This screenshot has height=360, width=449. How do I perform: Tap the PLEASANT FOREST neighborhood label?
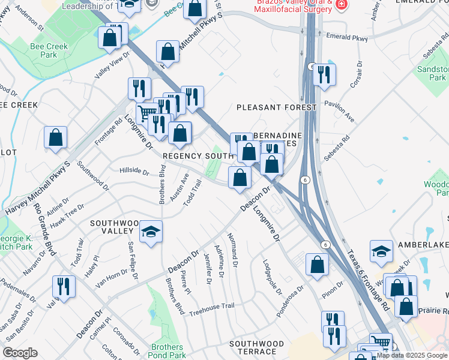pos(276,107)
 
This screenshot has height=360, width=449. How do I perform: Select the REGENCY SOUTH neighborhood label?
pos(197,156)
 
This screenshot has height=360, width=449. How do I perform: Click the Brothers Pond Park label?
pos(167,352)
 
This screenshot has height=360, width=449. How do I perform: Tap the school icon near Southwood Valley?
pos(151,232)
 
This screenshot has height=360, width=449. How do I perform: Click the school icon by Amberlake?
pos(381,251)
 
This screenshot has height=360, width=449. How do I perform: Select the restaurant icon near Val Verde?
pos(64,286)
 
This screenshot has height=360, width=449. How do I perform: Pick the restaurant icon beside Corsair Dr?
pos(324,74)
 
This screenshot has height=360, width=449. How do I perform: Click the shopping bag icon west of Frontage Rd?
pos(55,137)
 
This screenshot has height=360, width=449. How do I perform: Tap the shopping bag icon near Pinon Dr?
pos(317,264)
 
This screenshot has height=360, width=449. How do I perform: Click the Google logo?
pos(20,353)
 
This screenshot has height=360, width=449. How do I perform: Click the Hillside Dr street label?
pos(134,172)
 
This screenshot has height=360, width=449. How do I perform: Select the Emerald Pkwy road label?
pos(347,37)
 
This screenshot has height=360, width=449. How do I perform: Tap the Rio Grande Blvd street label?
pos(45,228)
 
